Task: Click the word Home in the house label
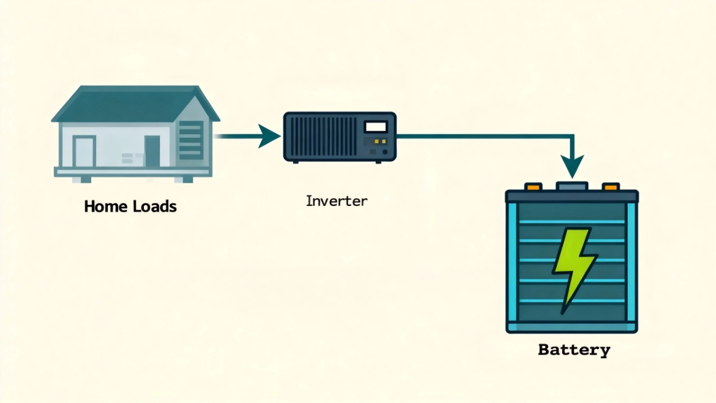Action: point(103,207)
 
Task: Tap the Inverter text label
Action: point(337,201)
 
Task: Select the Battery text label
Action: point(574,350)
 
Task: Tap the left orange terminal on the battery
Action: point(533,187)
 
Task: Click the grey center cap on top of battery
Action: point(572,186)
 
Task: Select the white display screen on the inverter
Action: point(375,127)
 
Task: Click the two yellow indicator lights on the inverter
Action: point(376,142)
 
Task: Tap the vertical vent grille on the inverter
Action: point(322,137)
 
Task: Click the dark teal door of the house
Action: point(152,152)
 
